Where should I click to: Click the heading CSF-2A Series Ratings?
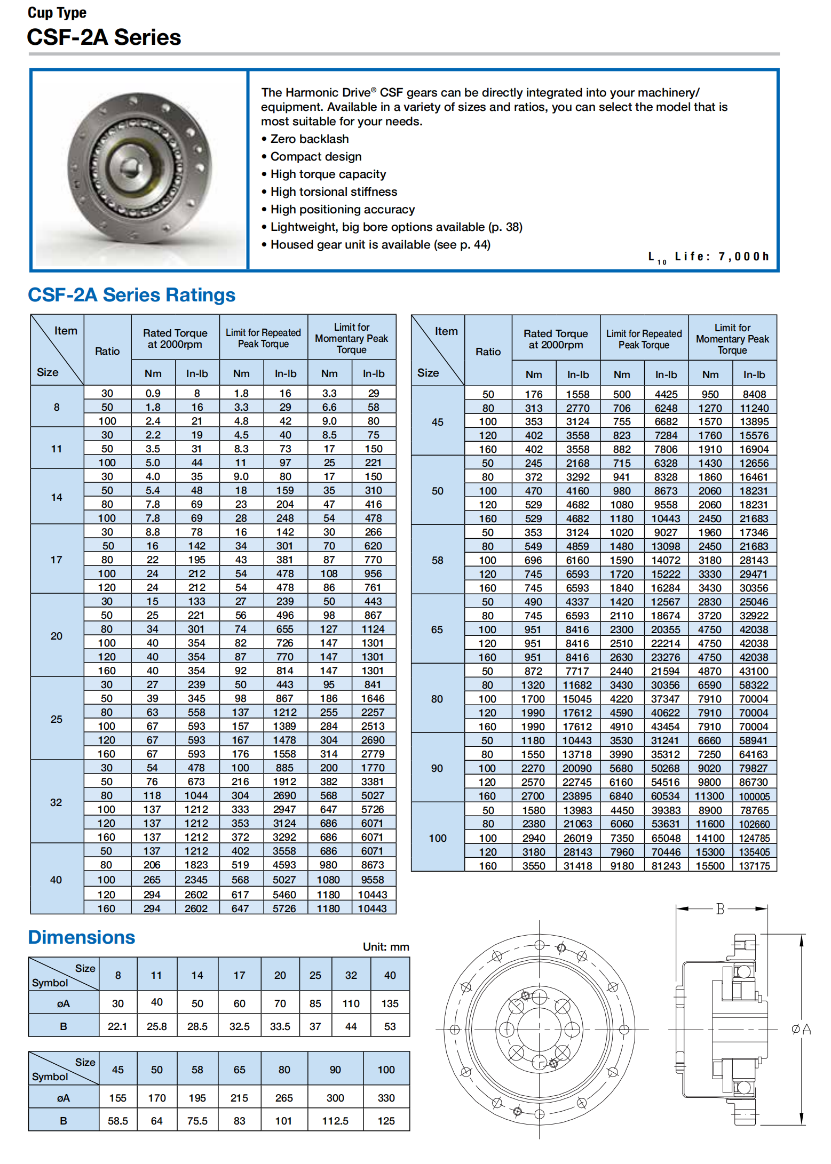131,295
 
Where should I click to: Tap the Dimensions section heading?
82,937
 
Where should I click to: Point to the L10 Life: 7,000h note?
708,257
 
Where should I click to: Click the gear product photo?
140,170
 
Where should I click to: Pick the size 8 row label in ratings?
57,407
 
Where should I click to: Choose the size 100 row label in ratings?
437,838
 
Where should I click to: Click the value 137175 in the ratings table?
754,866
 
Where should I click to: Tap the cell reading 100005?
754,796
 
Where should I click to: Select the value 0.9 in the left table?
153,393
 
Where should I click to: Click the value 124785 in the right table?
754,838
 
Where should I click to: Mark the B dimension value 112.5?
335,1121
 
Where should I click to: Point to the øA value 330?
386,1098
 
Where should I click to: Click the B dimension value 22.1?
117,1026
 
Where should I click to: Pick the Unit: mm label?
386,947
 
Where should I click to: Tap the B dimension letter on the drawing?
720,908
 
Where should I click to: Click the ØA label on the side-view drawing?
801,1029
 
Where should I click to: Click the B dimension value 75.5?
197,1121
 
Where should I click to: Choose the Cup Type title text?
57,13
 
